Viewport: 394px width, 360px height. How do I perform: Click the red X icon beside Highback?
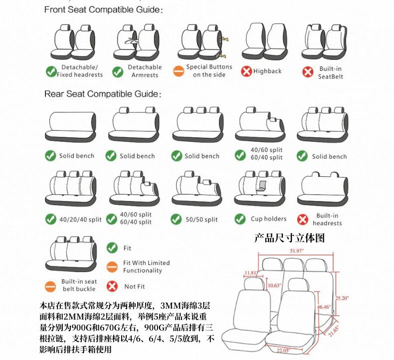click(246, 71)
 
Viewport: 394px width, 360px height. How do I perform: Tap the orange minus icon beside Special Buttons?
click(179, 71)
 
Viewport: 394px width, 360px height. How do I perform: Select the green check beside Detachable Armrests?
click(118, 72)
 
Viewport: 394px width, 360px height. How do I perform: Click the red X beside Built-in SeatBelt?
click(308, 72)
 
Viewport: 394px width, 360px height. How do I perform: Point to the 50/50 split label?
click(201, 219)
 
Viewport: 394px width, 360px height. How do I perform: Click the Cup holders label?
click(269, 219)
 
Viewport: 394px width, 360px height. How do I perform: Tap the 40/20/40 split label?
click(80, 219)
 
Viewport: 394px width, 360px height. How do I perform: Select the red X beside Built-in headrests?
click(303, 219)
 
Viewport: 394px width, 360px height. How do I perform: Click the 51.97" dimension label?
click(297, 251)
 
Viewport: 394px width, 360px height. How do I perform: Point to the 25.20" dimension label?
click(342, 298)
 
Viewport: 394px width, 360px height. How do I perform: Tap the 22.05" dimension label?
click(283, 350)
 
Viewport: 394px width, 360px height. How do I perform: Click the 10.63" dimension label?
click(274, 285)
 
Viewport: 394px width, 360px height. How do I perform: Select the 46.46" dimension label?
click(324, 307)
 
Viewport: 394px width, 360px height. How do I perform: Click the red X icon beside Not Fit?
click(112, 286)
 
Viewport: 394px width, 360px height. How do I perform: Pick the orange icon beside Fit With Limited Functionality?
click(112, 267)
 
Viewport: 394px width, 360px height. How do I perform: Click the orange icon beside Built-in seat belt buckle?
click(50, 287)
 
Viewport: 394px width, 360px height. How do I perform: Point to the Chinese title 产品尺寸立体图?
click(289, 238)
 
